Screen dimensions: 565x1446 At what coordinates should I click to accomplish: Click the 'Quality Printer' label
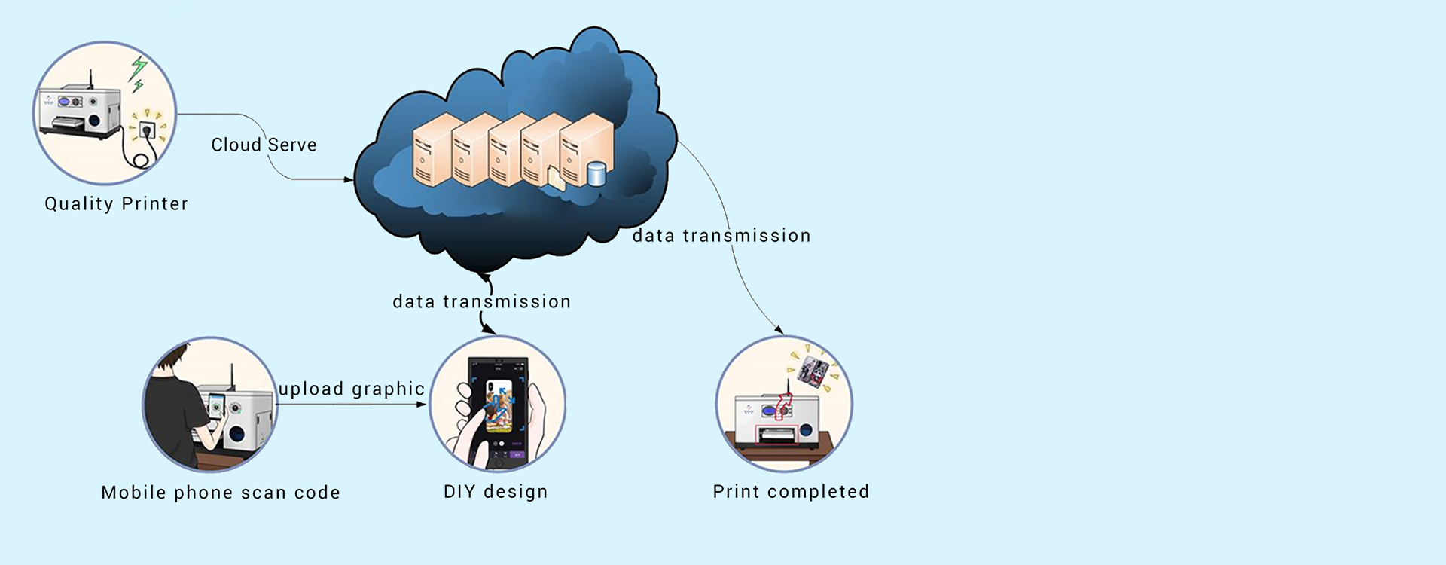tap(116, 204)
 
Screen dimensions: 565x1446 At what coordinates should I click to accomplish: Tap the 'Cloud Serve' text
tap(264, 145)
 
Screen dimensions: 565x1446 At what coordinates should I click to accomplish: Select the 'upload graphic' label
tap(352, 389)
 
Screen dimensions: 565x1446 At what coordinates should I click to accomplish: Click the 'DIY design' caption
tap(496, 492)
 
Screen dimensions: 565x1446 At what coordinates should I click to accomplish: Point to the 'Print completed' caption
tap(791, 492)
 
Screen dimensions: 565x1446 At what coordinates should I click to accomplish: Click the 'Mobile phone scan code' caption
tap(221, 493)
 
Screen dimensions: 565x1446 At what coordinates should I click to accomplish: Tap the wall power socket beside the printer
tap(147, 130)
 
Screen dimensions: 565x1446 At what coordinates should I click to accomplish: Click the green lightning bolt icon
tap(138, 71)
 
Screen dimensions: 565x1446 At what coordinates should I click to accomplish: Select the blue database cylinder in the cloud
tap(596, 174)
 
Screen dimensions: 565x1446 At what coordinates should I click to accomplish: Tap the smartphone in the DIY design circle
tap(497, 411)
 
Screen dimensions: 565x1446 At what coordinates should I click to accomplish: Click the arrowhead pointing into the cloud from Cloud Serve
tap(349, 179)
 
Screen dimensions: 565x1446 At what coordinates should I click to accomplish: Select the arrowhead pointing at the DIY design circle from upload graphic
tap(423, 405)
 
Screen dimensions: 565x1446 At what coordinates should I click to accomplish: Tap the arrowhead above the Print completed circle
tap(779, 330)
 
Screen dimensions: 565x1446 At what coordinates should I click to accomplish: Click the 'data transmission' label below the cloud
tap(481, 302)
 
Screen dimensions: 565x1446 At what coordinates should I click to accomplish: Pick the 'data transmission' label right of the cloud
tap(721, 236)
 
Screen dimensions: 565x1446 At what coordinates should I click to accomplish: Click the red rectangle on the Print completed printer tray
tap(777, 435)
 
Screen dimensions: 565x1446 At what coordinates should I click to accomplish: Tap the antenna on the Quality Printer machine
tap(91, 78)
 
